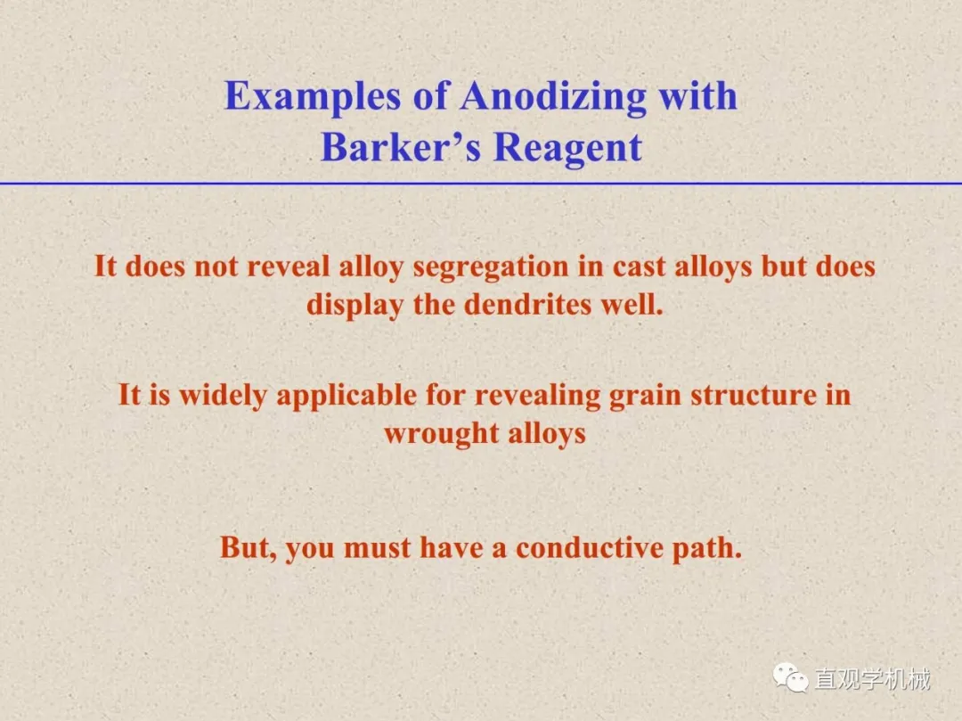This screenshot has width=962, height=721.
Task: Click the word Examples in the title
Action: click(x=313, y=97)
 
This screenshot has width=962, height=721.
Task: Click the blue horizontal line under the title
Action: click(x=481, y=183)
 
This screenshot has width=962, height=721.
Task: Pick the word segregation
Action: click(x=490, y=267)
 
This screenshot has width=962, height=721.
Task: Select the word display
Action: click(x=355, y=306)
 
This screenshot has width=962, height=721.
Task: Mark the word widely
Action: click(x=223, y=395)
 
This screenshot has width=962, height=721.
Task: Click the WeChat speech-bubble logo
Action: click(x=791, y=677)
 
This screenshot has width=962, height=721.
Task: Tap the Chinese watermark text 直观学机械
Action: click(x=872, y=678)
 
